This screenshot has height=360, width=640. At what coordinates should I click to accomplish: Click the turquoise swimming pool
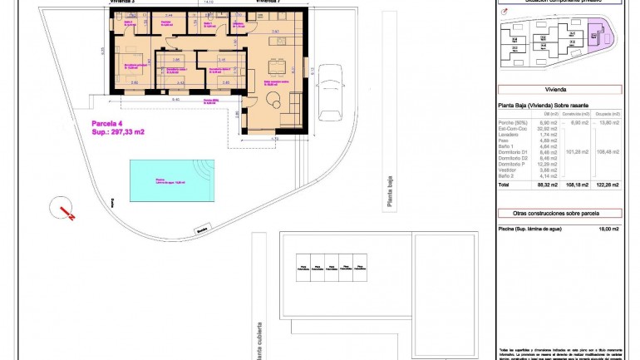[x=171, y=180]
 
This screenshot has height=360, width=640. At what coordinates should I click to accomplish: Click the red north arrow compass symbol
[x=64, y=208]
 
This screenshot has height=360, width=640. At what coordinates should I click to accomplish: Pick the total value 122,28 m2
[x=608, y=185]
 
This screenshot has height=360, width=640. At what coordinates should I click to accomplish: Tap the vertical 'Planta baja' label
[x=387, y=194]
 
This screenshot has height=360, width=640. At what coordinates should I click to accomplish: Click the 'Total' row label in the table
[x=504, y=185]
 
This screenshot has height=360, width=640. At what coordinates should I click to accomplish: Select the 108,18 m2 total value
[x=577, y=185]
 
